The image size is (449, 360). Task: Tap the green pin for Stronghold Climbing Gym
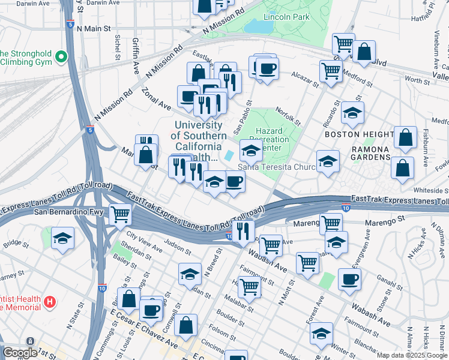click(61, 58)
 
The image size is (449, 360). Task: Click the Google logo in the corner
click(20, 353)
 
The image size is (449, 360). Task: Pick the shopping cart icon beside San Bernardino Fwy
click(121, 213)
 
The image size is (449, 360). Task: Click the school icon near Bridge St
click(62, 238)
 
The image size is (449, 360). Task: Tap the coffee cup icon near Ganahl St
click(349, 279)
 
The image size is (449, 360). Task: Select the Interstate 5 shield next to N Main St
click(71, 25)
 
